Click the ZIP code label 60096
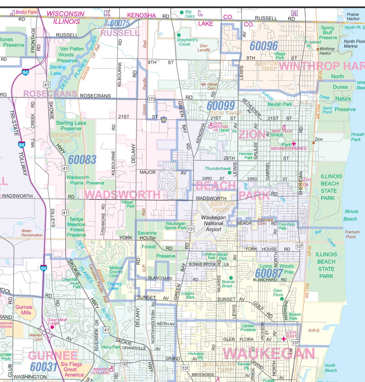click(x=264, y=46)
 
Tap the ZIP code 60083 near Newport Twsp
click(x=82, y=160)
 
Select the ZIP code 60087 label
click(x=269, y=273)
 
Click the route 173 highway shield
click(x=151, y=99)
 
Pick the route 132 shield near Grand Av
click(x=124, y=363)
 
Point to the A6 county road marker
click(x=164, y=120)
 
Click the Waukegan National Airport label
click(x=214, y=223)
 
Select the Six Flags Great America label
click(x=72, y=369)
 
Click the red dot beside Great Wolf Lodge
click(x=52, y=327)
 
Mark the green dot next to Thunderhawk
click(x=229, y=173)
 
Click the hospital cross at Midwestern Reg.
click(x=294, y=143)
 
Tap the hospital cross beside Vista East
click(x=283, y=338)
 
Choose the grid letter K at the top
click(x=107, y=13)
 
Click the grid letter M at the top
click(x=294, y=13)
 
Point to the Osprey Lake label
click(x=115, y=286)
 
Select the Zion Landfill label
click(x=203, y=48)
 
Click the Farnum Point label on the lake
click(x=352, y=234)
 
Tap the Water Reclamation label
click(x=32, y=233)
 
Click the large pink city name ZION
click(x=252, y=135)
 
